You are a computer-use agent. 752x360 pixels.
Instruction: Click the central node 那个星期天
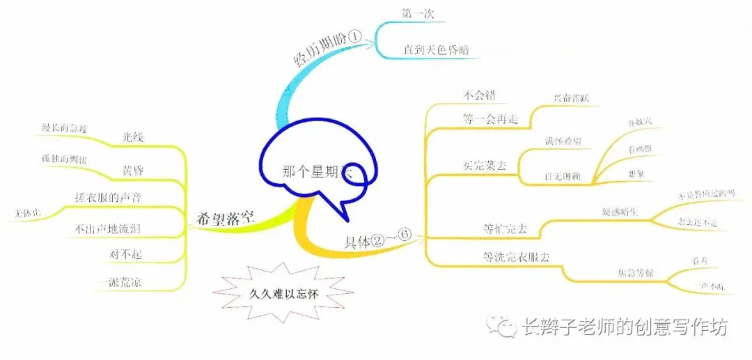[318, 172]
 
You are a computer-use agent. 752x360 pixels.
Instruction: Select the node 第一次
[417, 13]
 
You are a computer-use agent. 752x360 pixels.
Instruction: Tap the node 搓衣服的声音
[108, 198]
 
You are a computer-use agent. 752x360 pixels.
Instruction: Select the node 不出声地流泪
[108, 228]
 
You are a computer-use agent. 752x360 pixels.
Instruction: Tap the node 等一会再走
[490, 119]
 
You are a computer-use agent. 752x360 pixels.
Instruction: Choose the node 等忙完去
[505, 228]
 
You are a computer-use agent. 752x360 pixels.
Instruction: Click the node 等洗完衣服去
[516, 256]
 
